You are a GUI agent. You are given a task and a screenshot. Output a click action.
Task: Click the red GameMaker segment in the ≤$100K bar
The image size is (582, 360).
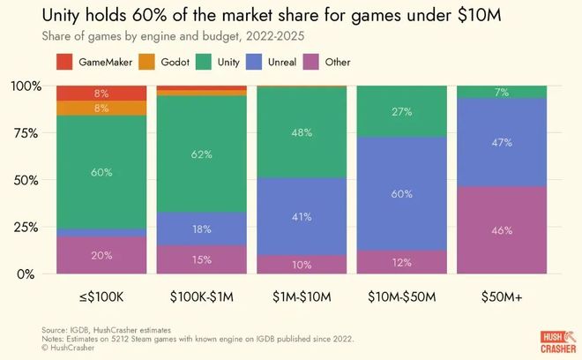101,93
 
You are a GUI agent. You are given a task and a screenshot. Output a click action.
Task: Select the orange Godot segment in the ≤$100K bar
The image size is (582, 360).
101,109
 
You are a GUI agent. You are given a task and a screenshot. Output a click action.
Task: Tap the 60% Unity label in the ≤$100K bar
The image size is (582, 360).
101,172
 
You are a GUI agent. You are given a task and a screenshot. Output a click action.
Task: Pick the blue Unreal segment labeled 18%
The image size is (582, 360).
201,229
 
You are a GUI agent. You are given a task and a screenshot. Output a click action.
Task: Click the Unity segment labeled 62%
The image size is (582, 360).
201,154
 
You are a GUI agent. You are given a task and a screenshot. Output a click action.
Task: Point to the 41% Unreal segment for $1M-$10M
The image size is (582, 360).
301,216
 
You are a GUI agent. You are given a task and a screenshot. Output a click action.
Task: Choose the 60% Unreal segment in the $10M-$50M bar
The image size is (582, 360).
401,193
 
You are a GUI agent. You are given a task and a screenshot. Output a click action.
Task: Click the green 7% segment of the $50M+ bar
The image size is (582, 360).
501,92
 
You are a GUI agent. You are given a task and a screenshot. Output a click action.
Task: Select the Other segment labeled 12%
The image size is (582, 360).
401,262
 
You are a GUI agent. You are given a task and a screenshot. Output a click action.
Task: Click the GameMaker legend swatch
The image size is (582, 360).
65,62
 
